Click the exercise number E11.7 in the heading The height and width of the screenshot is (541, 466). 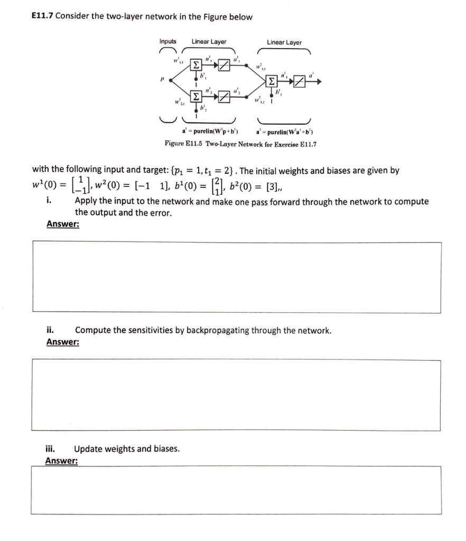click(43, 16)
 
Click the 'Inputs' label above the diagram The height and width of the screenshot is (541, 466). click(168, 42)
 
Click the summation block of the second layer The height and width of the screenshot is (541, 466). click(272, 81)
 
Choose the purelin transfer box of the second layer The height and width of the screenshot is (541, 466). click(300, 81)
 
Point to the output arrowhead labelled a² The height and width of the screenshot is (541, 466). click(319, 81)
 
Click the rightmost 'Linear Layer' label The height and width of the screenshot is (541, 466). click(284, 42)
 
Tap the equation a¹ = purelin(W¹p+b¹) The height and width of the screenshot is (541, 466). click(210, 131)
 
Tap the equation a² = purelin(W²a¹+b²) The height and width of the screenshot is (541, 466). click(286, 131)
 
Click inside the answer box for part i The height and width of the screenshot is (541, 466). click(237, 277)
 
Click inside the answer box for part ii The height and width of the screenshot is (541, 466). click(237, 395)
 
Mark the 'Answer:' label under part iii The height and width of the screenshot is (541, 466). click(62, 461)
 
